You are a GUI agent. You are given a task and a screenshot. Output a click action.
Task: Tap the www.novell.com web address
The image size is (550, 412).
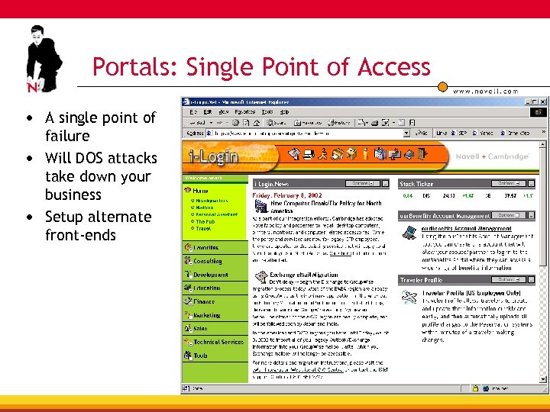pyautogui.click(x=486, y=91)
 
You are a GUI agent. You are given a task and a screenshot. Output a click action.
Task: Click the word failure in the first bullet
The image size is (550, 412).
pyautogui.click(x=67, y=136)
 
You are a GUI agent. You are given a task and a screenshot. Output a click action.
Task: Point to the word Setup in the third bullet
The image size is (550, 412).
pyautogui.click(x=66, y=217)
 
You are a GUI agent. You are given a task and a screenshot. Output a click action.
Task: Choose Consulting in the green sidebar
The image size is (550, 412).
pyautogui.click(x=207, y=261)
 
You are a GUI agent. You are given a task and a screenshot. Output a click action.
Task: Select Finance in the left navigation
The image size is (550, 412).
pyautogui.click(x=204, y=301)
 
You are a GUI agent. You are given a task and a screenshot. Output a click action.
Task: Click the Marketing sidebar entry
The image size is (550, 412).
pyautogui.click(x=206, y=315)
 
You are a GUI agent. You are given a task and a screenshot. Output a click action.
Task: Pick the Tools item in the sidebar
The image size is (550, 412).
pyautogui.click(x=200, y=356)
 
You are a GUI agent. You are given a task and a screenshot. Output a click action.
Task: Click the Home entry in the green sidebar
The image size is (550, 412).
pyautogui.click(x=200, y=191)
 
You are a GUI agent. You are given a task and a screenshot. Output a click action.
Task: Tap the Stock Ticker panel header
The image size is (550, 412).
pyautogui.click(x=418, y=184)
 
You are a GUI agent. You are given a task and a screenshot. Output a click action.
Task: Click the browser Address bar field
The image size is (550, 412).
pyautogui.click(x=306, y=133)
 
